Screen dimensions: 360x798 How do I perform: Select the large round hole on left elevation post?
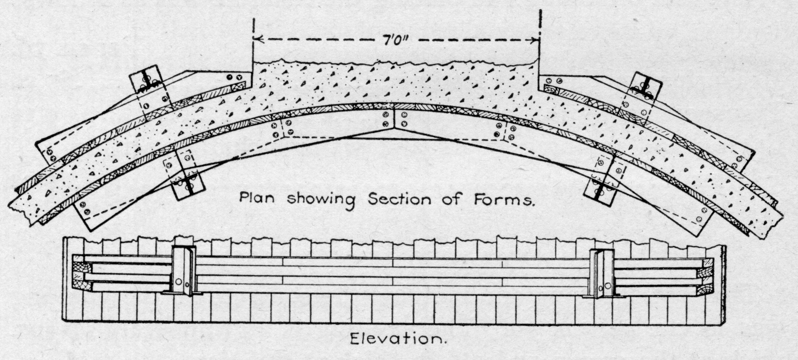coord(178,282)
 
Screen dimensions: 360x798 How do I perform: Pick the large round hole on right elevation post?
coord(608,286)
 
